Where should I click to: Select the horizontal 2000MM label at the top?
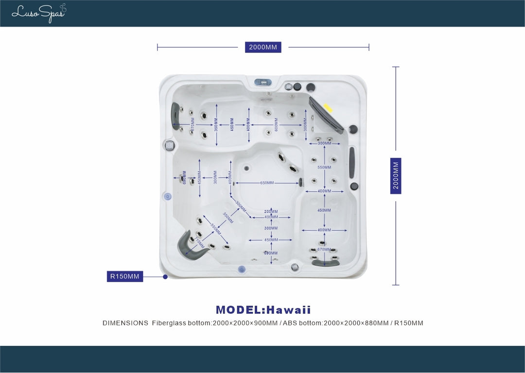(263, 47)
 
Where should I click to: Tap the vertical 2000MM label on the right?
(396, 176)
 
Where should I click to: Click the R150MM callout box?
(125, 276)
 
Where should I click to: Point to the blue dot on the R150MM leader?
(165, 276)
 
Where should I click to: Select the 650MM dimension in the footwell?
(267, 183)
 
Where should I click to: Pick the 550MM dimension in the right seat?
(324, 168)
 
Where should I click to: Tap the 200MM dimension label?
(271, 211)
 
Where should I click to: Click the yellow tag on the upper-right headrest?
(329, 108)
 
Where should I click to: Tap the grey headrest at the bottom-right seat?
(325, 263)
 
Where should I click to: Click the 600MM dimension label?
(276, 124)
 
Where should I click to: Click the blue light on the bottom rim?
(241, 270)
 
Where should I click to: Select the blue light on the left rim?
(168, 196)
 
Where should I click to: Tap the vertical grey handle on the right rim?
(351, 162)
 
